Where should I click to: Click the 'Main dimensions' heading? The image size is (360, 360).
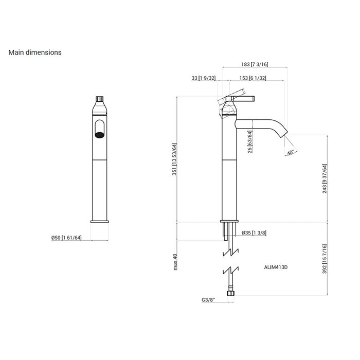35,52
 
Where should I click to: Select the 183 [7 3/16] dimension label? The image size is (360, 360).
255,64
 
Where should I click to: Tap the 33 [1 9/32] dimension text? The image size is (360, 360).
204,78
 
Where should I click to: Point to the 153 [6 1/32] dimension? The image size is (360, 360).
253,78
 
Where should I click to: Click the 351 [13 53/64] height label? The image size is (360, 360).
174,159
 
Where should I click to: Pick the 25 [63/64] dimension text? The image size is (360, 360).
250,141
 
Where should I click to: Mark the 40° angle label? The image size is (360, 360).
291,152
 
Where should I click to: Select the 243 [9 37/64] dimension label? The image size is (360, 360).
325,178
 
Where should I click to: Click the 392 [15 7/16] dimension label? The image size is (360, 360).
325,259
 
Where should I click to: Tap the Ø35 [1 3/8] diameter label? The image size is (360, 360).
254,233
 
